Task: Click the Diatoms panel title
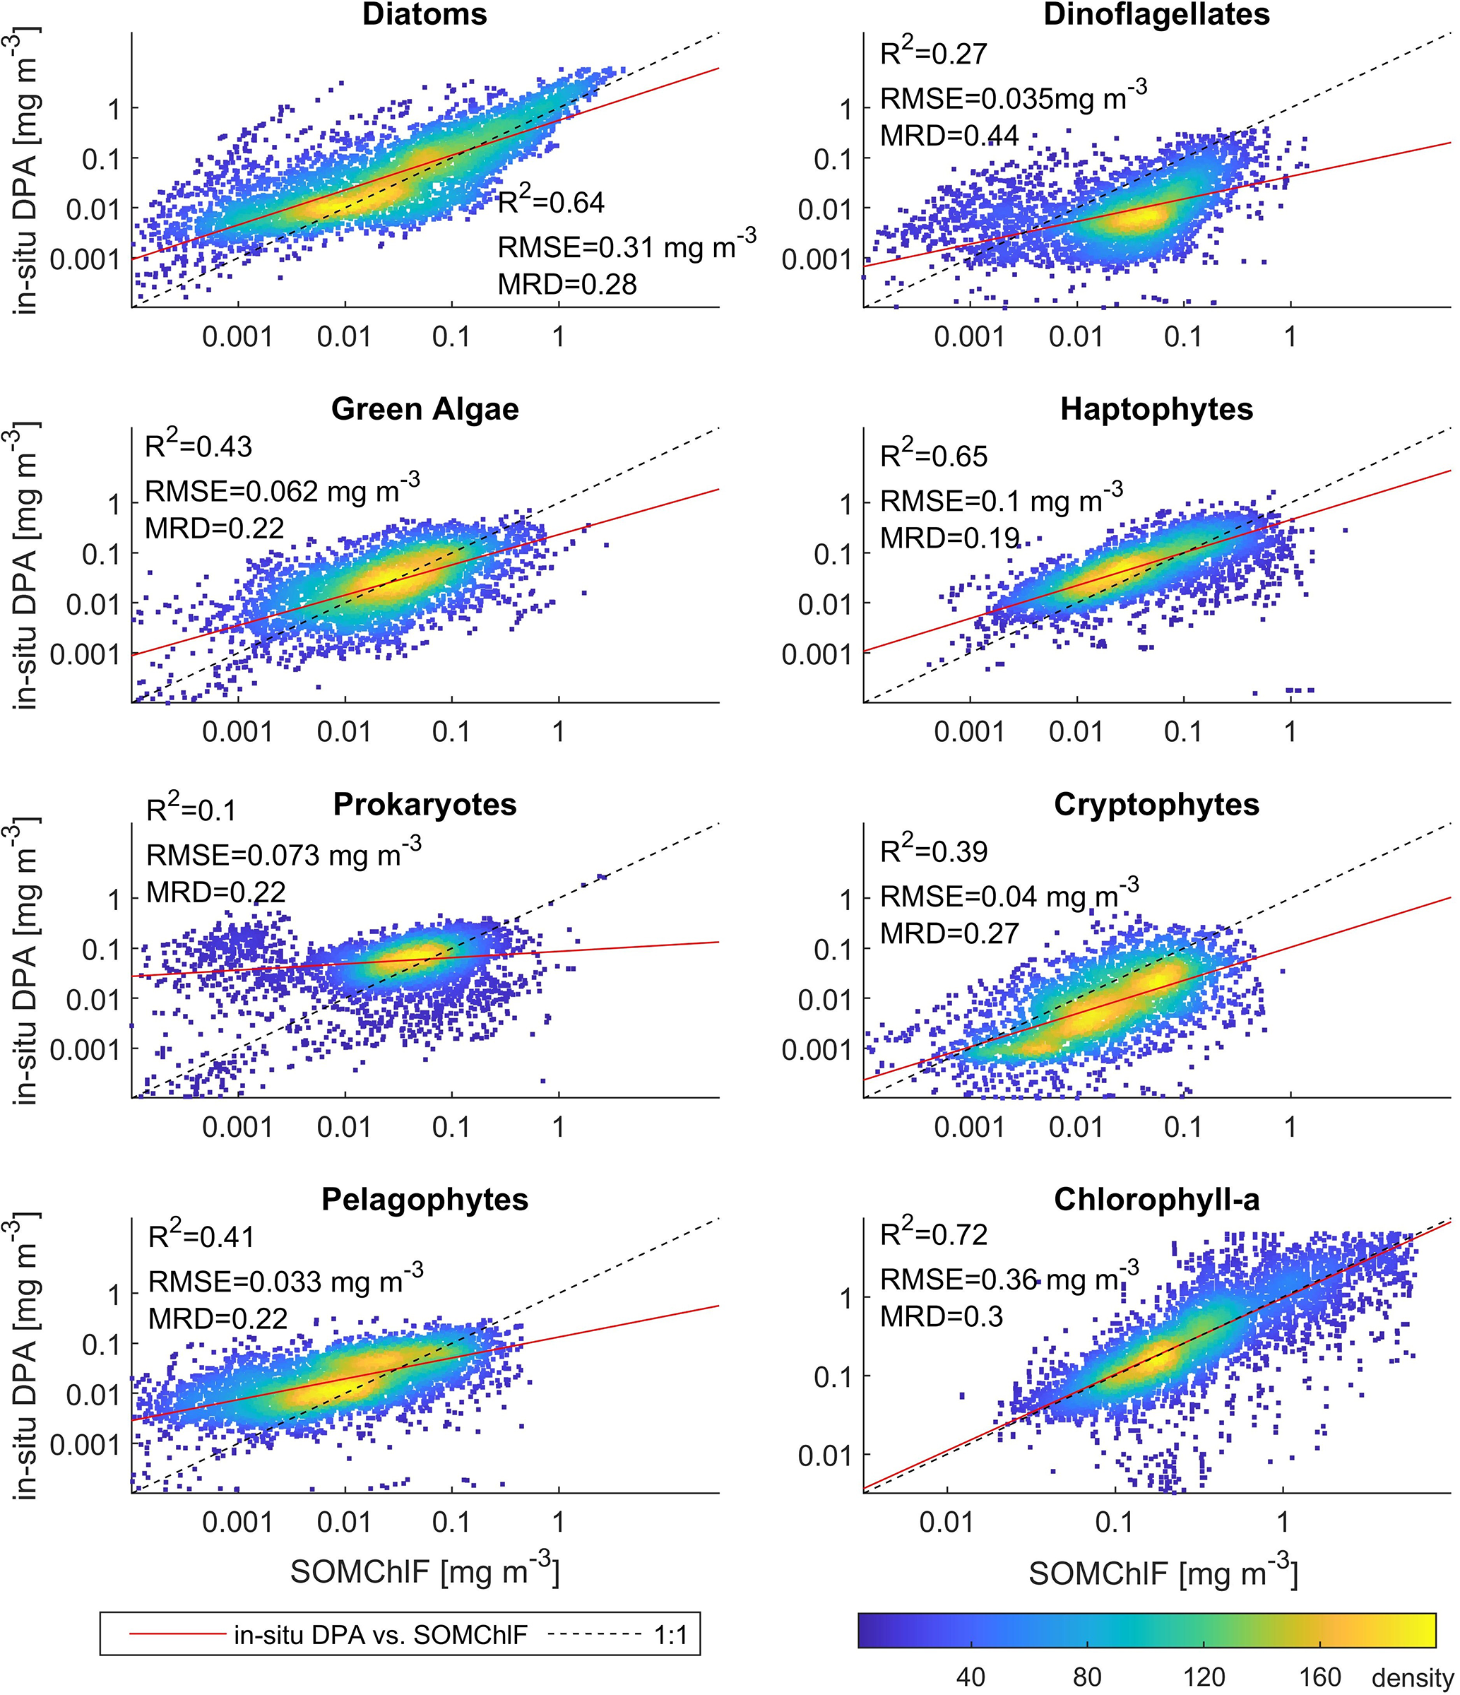point(425,15)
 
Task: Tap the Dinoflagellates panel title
point(1156,15)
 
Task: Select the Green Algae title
point(425,409)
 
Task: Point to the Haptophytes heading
point(1156,409)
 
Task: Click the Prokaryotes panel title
point(425,804)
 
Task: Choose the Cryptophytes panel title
point(1156,804)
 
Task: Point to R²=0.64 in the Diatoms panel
point(551,201)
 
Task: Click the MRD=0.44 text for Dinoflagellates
point(949,136)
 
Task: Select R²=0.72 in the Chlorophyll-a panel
point(933,1234)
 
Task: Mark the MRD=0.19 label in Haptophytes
point(949,538)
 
